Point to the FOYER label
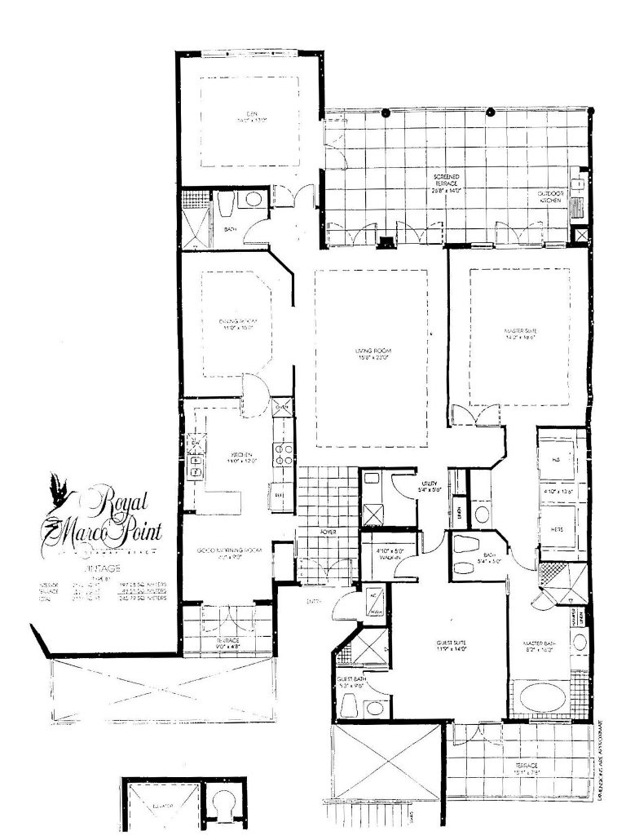[x=328, y=532]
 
